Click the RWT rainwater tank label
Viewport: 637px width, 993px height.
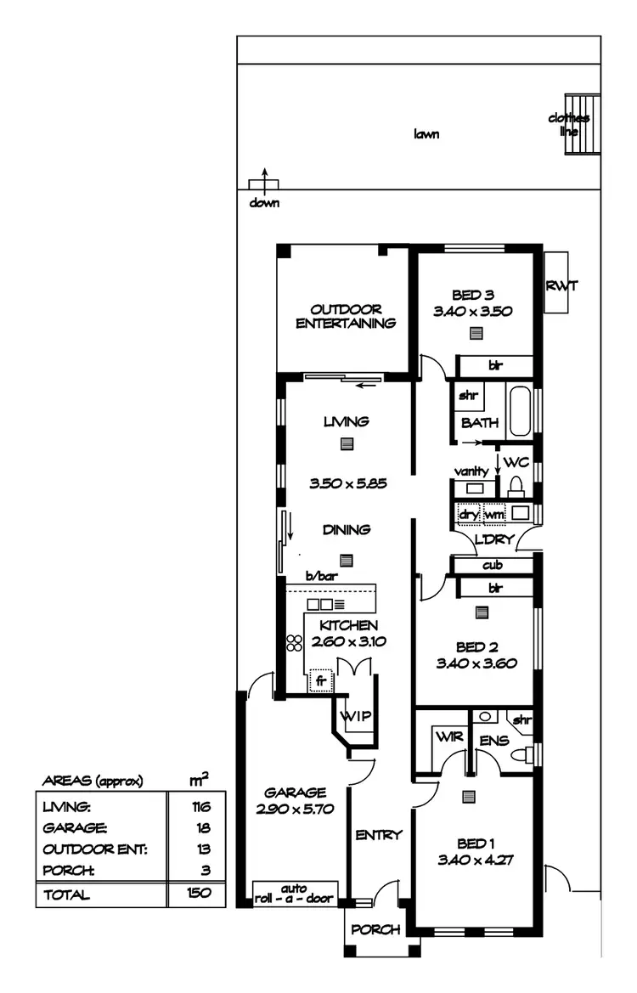pos(561,285)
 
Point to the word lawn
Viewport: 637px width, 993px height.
pos(426,134)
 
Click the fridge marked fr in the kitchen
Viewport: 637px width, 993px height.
pos(320,680)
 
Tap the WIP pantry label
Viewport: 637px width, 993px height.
pos(356,716)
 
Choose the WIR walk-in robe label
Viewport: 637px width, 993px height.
pos(449,737)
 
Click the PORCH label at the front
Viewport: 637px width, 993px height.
pos(375,929)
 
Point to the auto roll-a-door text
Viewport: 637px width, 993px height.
pos(296,893)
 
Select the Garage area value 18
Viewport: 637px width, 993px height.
pos(201,827)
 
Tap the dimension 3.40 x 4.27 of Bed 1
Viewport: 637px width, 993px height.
pos(476,859)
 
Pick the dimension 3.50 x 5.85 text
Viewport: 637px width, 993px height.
pos(348,483)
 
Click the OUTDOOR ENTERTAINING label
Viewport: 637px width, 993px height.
pos(346,316)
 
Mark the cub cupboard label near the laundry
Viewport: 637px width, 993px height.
pos(493,565)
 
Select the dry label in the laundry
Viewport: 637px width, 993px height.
pos(468,514)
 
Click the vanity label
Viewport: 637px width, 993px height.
pos(471,471)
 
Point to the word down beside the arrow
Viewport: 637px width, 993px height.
pos(264,203)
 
